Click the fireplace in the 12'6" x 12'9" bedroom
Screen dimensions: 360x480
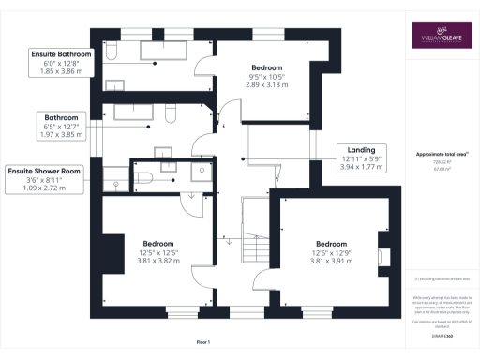[381, 259]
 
